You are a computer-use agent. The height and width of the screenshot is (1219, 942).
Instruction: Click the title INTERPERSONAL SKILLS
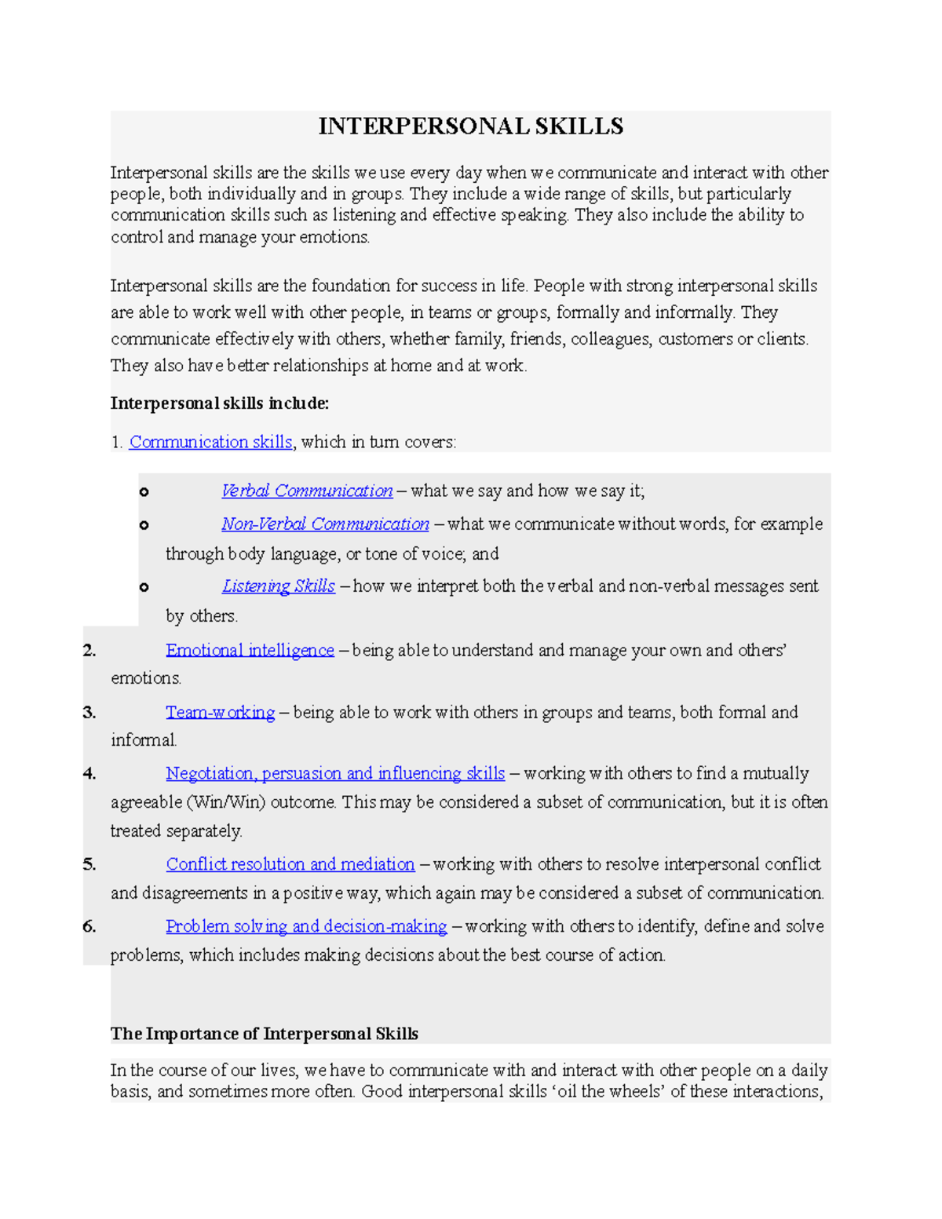click(x=470, y=126)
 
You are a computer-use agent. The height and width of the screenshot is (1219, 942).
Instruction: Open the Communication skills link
click(x=210, y=442)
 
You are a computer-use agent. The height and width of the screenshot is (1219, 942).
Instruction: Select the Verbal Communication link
click(x=307, y=491)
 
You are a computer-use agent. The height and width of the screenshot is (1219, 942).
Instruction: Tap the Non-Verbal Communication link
click(x=325, y=524)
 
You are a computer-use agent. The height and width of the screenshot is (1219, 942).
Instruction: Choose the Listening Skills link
click(x=279, y=586)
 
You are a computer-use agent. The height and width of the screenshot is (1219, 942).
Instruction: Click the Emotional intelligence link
click(x=250, y=650)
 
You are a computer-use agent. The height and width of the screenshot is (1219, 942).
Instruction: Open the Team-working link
click(x=220, y=712)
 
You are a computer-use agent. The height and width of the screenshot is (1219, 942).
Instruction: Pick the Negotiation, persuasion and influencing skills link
click(x=335, y=773)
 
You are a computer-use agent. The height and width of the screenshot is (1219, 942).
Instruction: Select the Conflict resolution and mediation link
click(x=290, y=864)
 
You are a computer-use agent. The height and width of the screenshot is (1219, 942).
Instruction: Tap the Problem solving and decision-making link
click(x=306, y=926)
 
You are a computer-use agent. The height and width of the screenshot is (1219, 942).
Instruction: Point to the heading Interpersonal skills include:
click(x=220, y=403)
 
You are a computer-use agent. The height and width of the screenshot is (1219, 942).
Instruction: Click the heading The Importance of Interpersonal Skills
click(x=264, y=1034)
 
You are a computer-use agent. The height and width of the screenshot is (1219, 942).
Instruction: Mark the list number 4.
click(x=89, y=773)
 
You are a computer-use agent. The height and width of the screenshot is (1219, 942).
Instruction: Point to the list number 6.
click(x=89, y=926)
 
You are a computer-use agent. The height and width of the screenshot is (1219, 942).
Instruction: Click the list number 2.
click(x=89, y=650)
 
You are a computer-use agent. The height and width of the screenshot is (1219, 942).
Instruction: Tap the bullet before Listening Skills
click(x=144, y=587)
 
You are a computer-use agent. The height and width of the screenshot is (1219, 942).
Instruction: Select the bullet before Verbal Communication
click(x=144, y=492)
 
